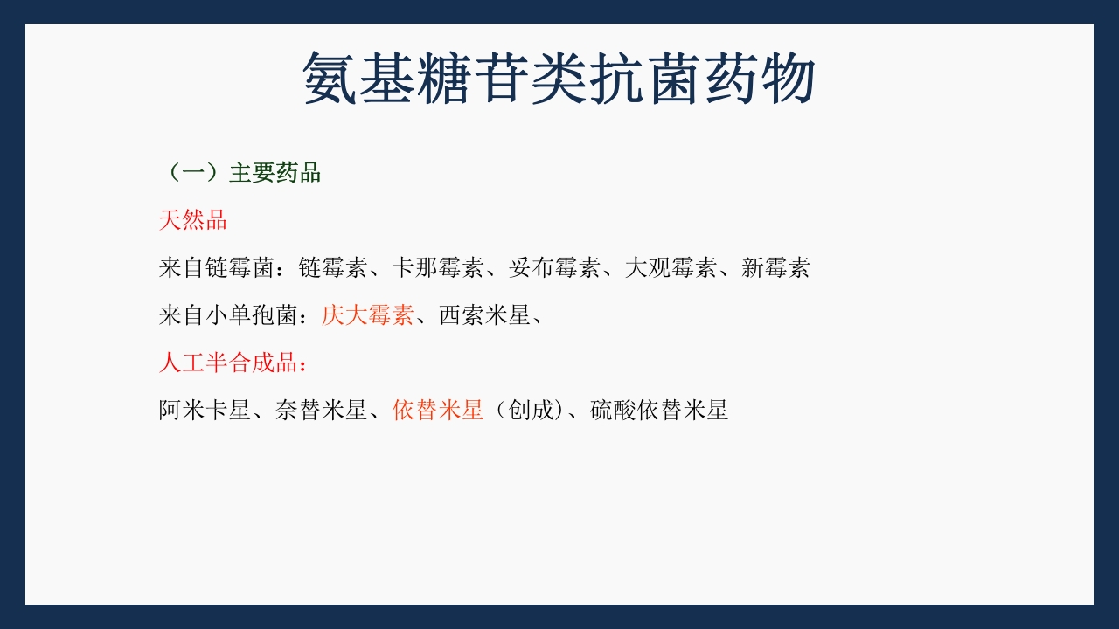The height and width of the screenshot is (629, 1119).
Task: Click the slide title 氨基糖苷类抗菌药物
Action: pos(559,79)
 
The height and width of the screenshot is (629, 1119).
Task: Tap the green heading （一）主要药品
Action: pos(241,173)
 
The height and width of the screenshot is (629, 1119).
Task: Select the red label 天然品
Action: pos(193,220)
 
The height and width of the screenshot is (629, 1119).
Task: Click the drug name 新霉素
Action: pos(775,267)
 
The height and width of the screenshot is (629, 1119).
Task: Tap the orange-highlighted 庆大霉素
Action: pos(367,314)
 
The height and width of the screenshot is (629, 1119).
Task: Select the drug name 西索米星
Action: pos(484,314)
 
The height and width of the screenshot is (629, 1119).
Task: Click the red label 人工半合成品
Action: pos(229,363)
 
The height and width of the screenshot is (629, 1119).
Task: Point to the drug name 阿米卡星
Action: pos(205,410)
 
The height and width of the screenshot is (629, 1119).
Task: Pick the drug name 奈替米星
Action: pos(321,410)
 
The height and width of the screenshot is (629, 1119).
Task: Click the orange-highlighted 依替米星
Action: pos(438,410)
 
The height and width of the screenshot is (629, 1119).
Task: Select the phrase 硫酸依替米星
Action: pos(659,410)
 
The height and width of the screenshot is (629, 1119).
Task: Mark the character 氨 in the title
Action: pos(330,79)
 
